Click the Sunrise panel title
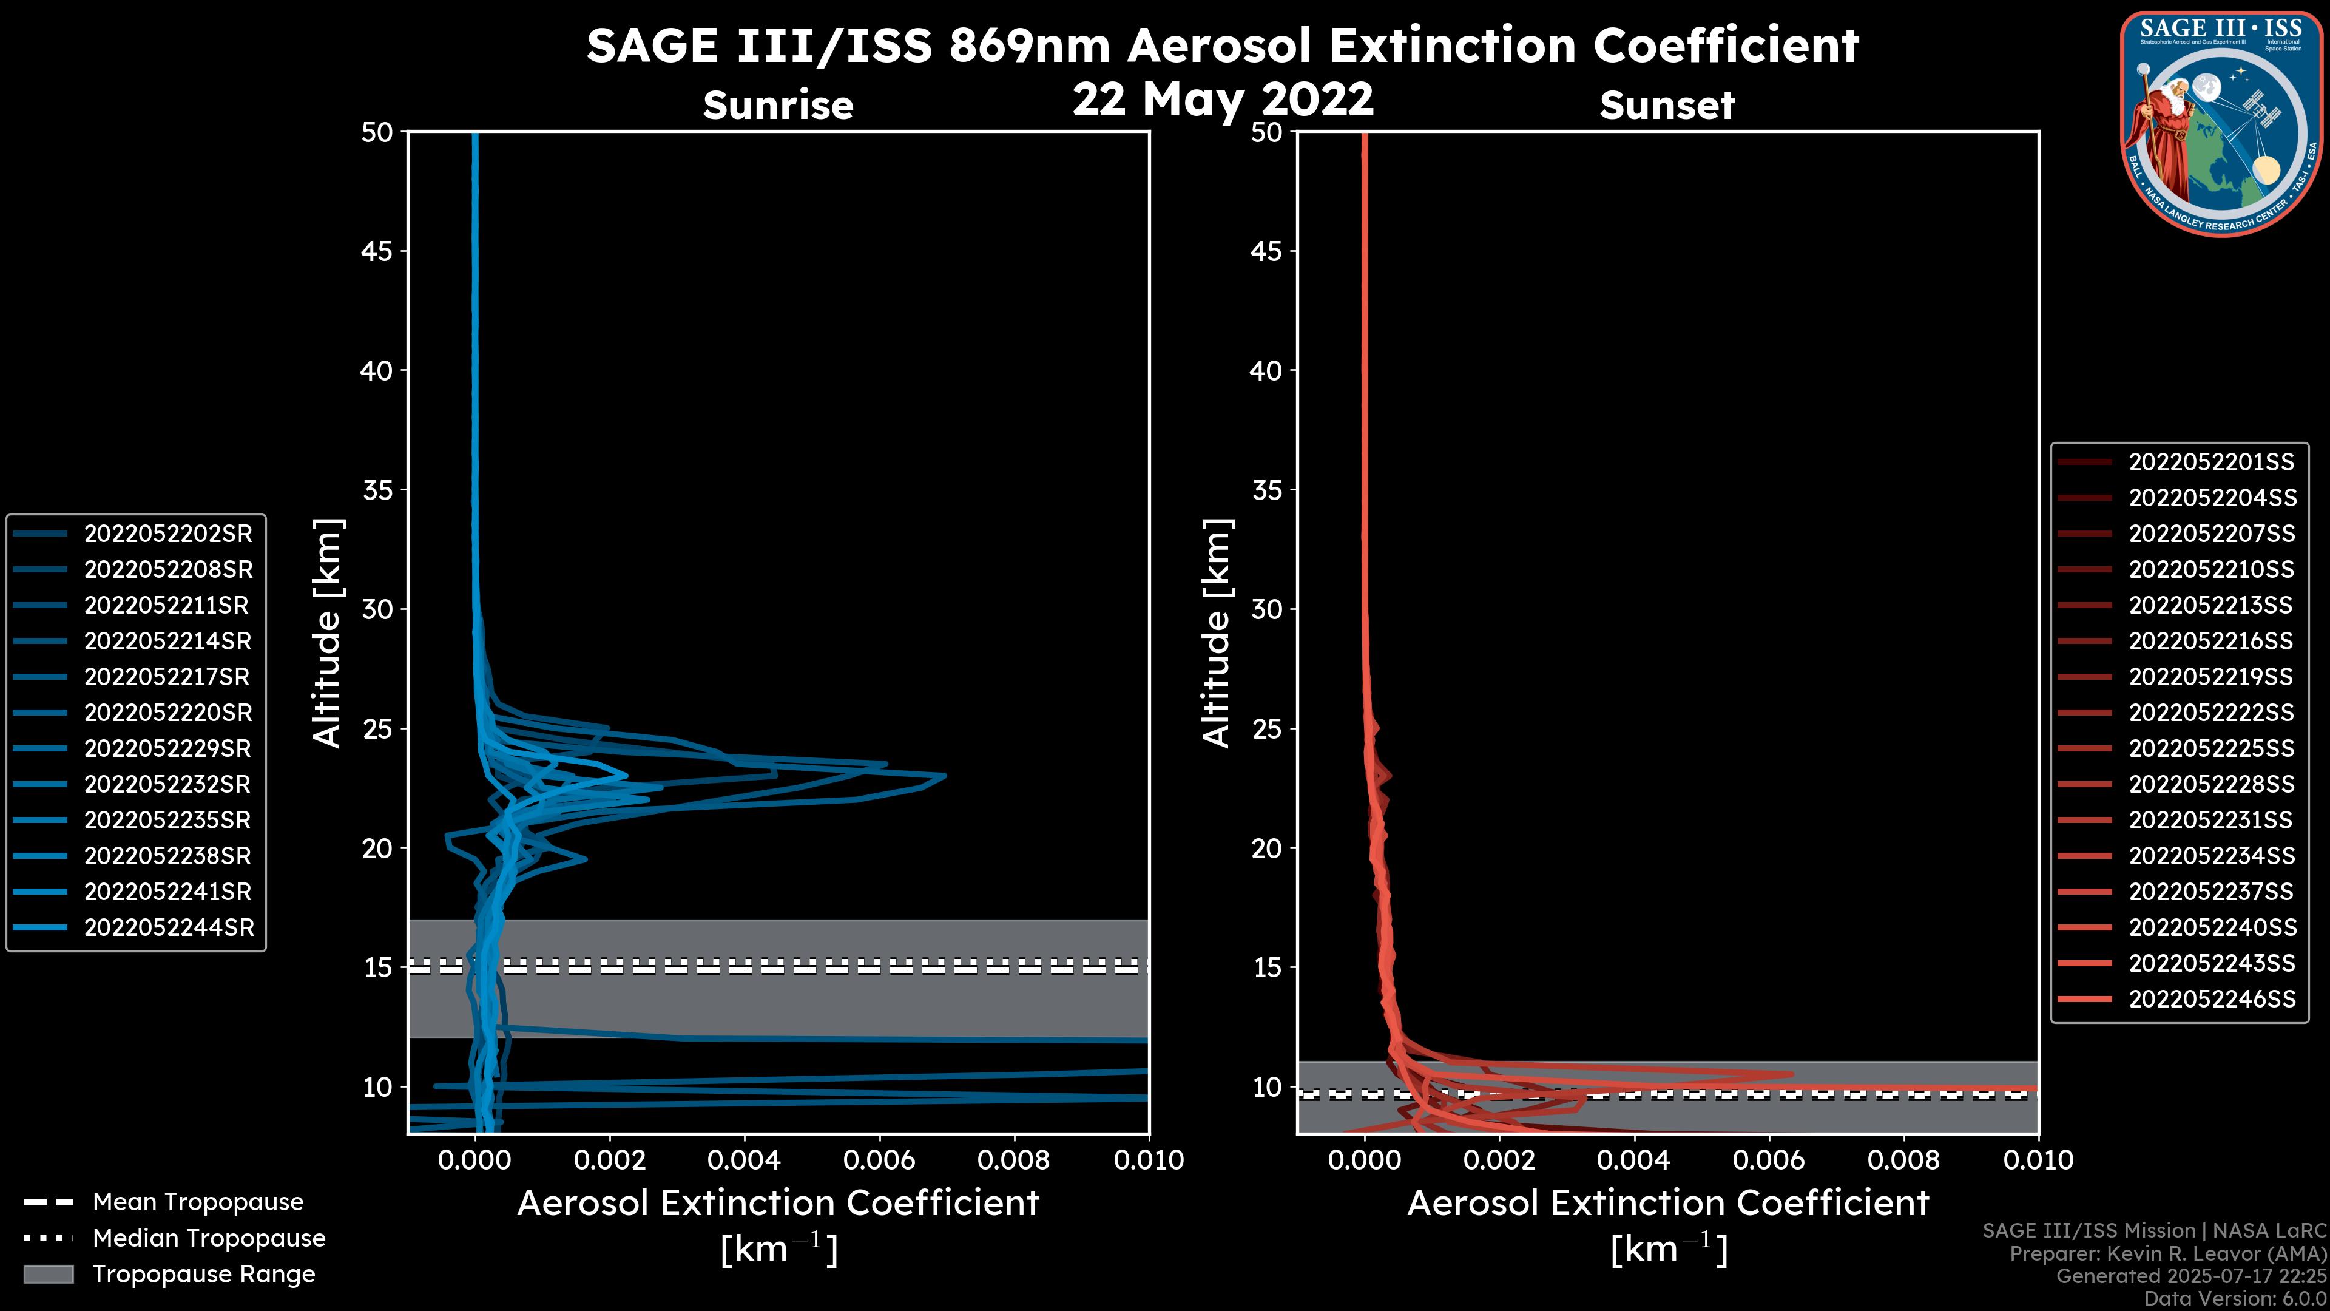(x=778, y=105)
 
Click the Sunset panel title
(x=1667, y=105)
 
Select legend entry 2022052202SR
(x=168, y=534)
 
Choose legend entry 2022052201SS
(x=2212, y=462)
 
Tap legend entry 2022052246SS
(x=2212, y=999)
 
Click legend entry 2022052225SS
(x=2212, y=748)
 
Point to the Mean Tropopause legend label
(x=198, y=1202)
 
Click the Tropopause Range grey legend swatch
(x=48, y=1274)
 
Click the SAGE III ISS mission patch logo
(x=2221, y=124)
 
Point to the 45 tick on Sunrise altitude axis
(x=377, y=251)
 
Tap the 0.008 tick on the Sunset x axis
(x=1904, y=1160)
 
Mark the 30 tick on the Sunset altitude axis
(x=1267, y=609)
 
